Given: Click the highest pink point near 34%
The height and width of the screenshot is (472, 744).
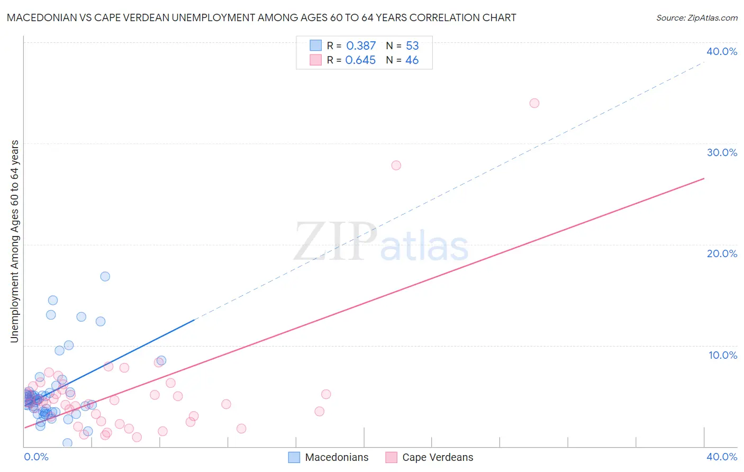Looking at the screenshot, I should click(x=534, y=103).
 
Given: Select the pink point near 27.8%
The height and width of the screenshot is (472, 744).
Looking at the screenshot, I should click(x=396, y=165).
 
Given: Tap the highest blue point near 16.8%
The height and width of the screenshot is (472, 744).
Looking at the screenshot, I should click(x=105, y=276).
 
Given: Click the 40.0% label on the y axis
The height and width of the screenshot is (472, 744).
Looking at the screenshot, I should click(x=722, y=51).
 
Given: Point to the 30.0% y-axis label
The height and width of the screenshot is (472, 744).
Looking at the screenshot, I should click(x=722, y=152).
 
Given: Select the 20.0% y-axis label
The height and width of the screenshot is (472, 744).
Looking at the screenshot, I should click(x=722, y=253).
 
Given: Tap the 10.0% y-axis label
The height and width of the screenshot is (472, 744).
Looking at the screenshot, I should click(x=723, y=355).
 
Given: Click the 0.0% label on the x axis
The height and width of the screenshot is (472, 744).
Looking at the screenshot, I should click(x=37, y=457).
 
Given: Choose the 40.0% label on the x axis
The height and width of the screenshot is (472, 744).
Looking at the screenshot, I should click(x=722, y=457).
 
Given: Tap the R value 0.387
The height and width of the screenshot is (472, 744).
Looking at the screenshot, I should click(x=361, y=46).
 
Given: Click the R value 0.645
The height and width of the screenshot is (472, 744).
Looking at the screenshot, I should click(x=360, y=60).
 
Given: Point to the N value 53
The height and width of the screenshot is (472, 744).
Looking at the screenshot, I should click(x=412, y=46).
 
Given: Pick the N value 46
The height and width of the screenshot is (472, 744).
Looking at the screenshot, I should click(x=412, y=60).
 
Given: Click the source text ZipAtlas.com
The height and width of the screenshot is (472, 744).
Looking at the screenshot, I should click(x=696, y=18).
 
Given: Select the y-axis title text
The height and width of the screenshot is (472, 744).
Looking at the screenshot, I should click(x=14, y=241).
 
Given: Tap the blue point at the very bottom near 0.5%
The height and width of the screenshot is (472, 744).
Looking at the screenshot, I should click(x=67, y=443).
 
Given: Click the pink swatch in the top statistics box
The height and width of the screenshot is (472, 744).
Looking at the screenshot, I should click(x=316, y=60).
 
